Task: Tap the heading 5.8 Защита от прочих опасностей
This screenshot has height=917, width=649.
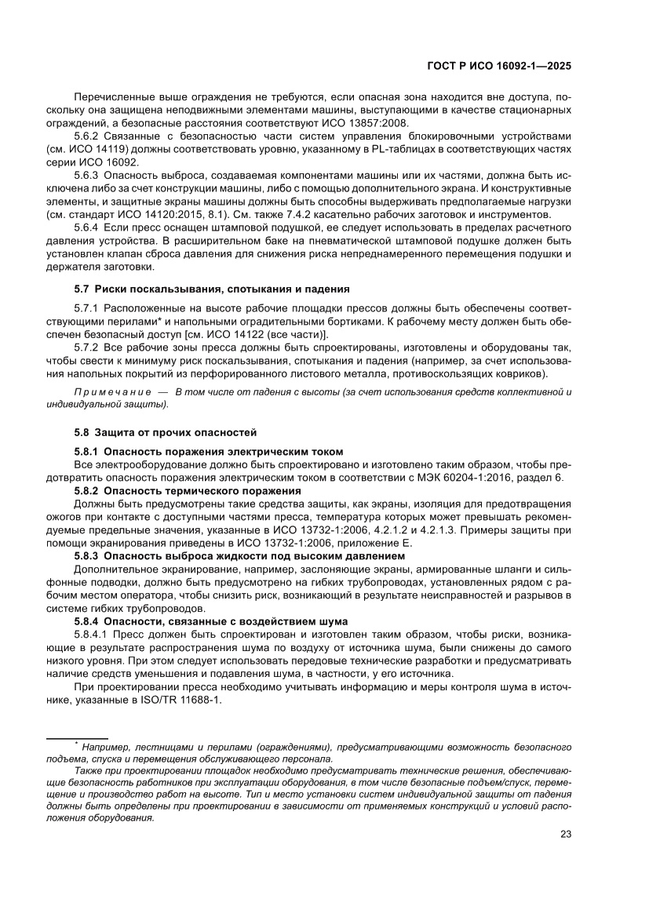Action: tap(165, 432)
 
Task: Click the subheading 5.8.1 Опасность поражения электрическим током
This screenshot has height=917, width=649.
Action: tap(208, 450)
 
